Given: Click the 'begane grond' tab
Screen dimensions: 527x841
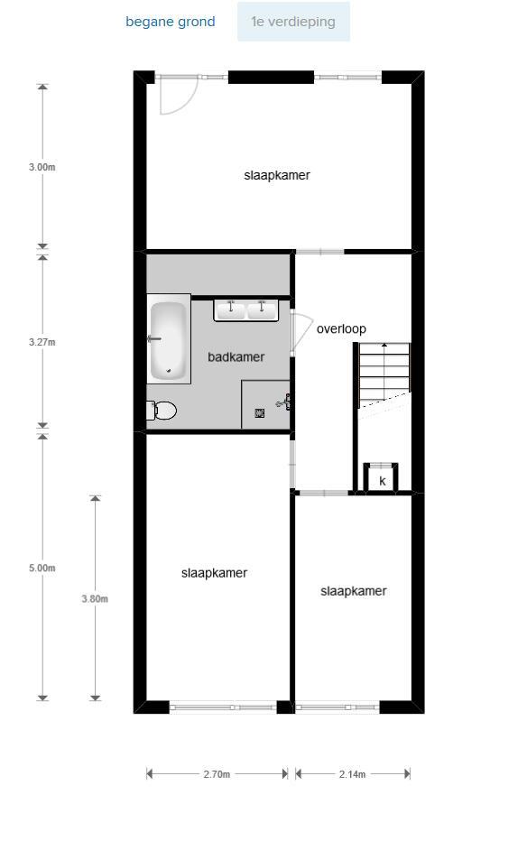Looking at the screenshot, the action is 170,22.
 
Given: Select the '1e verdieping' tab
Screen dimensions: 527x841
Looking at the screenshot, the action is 293,22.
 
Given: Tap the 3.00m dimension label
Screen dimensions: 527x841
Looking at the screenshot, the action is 42,167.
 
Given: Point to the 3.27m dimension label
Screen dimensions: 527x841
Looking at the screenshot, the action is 42,342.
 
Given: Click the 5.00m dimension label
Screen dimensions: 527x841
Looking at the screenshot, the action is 42,568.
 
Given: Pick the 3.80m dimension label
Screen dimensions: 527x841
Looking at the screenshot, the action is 95,598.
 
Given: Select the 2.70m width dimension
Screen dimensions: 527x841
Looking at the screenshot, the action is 217,774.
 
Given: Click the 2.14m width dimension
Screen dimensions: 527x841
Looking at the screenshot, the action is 352,774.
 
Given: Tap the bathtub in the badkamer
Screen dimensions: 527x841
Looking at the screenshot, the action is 169,340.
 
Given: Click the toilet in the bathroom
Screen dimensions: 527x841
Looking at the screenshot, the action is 162,411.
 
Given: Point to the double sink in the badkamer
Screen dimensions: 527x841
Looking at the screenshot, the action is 246,310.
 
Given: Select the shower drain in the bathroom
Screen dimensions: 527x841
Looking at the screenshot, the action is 260,412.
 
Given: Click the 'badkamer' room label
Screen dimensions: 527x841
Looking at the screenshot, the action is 236,356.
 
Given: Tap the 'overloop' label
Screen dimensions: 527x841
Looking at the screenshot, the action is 341,328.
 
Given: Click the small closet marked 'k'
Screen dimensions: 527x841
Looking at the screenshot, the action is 381,476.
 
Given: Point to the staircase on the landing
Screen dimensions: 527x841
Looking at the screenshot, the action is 384,375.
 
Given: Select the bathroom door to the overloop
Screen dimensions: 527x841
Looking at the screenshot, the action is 301,332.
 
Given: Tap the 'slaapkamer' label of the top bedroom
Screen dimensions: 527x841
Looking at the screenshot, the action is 277,175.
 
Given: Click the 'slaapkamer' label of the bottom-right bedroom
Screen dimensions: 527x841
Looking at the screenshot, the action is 354,591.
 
